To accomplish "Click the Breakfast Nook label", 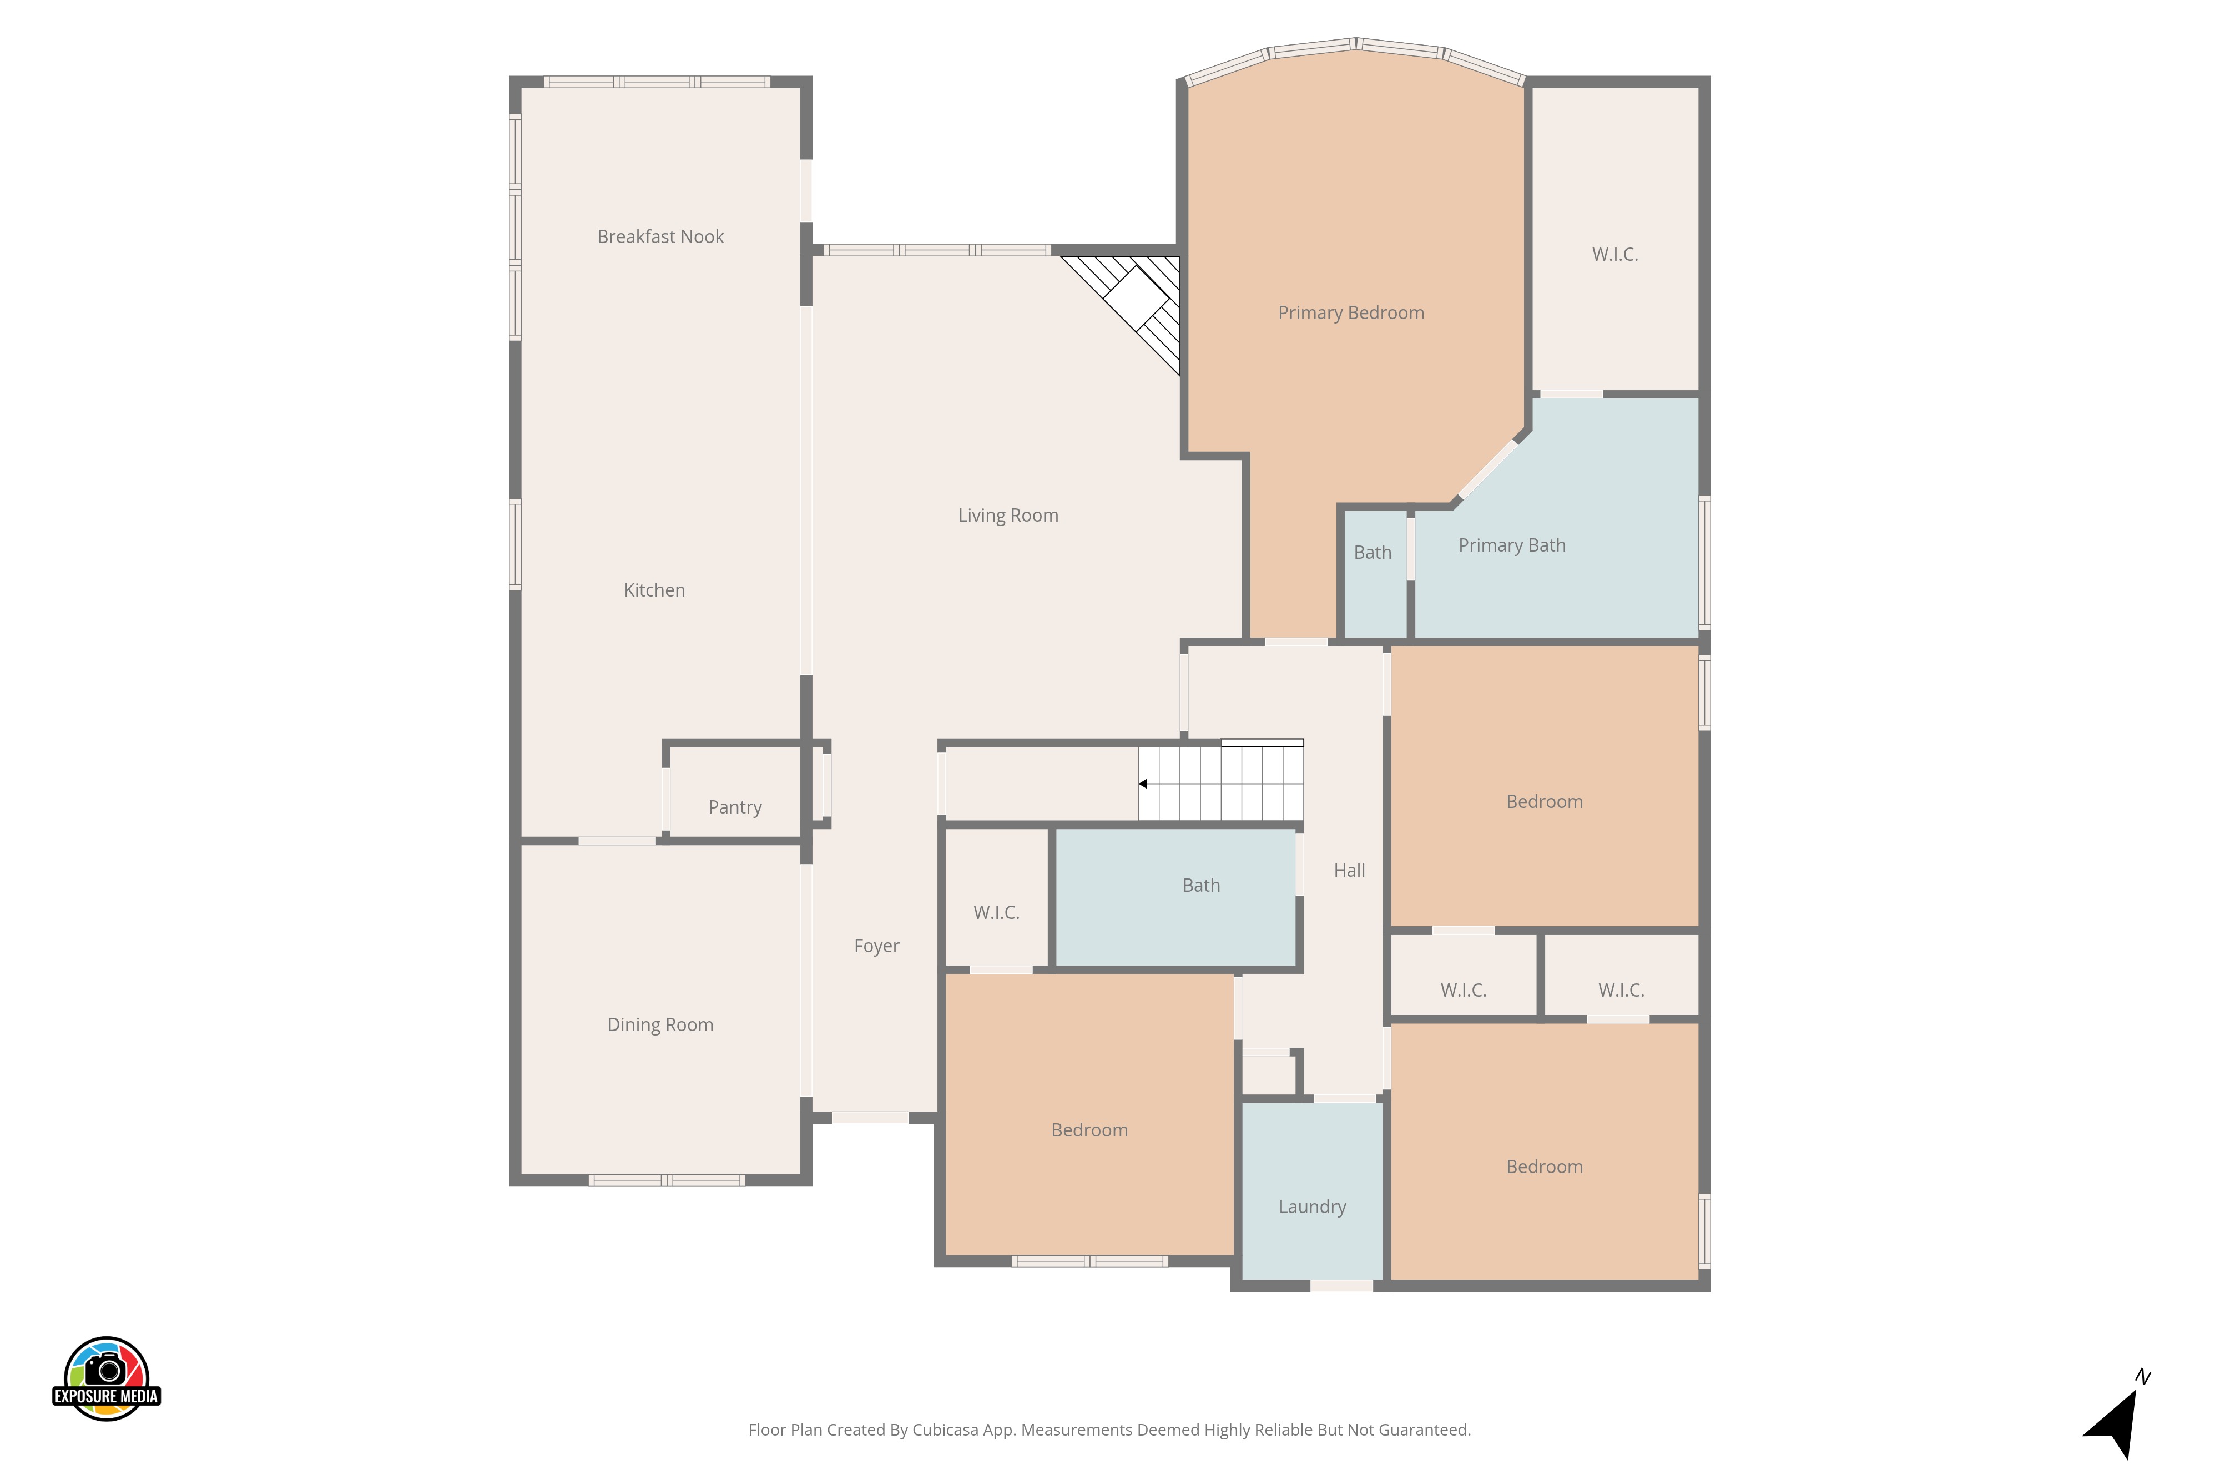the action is click(660, 237).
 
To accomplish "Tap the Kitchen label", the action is click(654, 590).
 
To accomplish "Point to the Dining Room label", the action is click(660, 1025).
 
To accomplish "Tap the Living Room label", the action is click(1008, 516).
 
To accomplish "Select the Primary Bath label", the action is click(1511, 545).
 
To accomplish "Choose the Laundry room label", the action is click(1312, 1207).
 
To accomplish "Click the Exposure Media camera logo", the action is click(107, 1378).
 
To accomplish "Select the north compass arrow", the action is click(2115, 1422).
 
